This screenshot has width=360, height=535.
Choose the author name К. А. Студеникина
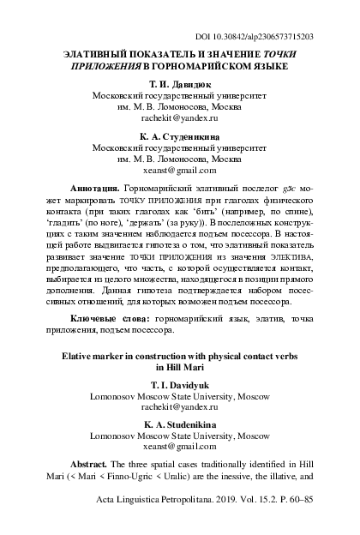[x=179, y=136]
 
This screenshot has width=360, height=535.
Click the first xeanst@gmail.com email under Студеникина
[x=179, y=171]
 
